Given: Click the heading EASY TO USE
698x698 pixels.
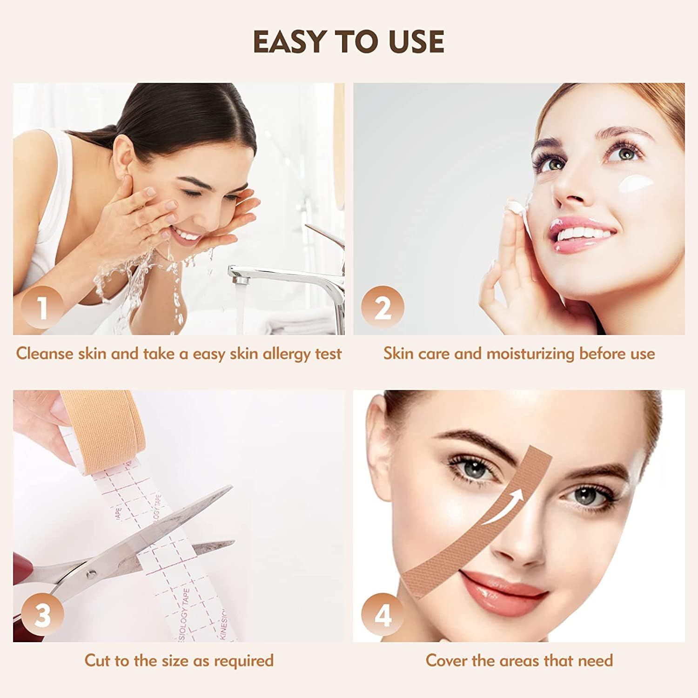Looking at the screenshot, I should pos(349,42).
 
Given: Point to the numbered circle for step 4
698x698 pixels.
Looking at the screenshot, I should pos(383,615).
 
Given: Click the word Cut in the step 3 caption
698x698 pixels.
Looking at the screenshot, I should pos(97,660).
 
